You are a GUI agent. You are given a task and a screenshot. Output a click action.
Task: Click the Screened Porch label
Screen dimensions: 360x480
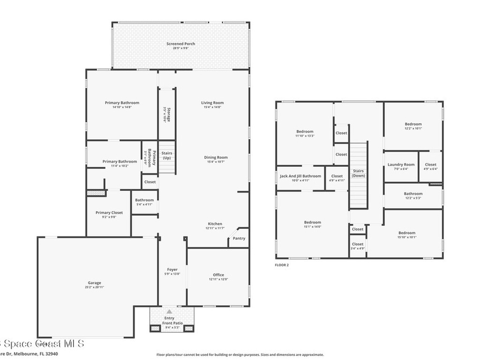pyautogui.click(x=180, y=44)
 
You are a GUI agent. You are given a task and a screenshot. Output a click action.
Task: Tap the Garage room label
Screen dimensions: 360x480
pyautogui.click(x=94, y=283)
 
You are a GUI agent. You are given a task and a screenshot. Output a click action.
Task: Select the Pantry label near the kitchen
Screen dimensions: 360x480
pyautogui.click(x=239, y=238)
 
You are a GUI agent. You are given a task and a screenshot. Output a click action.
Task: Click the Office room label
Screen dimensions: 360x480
pyautogui.click(x=218, y=275)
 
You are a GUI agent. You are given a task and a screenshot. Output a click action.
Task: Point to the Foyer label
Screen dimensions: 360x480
pyautogui.click(x=172, y=270)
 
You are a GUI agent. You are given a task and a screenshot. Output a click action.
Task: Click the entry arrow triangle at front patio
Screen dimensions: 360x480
pyautogui.click(x=169, y=311)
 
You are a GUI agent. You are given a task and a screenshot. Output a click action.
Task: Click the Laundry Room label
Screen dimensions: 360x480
pyautogui.click(x=401, y=165)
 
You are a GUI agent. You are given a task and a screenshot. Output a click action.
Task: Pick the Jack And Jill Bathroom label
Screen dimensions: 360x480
pyautogui.click(x=300, y=176)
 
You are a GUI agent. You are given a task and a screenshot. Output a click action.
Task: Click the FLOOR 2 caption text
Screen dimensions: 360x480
pyautogui.click(x=282, y=265)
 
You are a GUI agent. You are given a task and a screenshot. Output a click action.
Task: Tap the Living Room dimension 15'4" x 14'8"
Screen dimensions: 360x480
pyautogui.click(x=212, y=107)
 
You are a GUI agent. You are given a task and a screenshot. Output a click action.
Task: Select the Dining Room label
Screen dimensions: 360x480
pyautogui.click(x=216, y=157)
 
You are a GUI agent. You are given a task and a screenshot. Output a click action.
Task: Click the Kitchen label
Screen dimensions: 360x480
pyautogui.click(x=215, y=224)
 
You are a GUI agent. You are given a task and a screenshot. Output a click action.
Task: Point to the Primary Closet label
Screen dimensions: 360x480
pyautogui.click(x=109, y=212)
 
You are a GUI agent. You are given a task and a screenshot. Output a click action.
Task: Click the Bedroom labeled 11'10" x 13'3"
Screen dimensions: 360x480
pyautogui.click(x=305, y=132)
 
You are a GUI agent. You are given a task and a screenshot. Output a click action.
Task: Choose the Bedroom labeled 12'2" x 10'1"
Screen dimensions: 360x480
pyautogui.click(x=413, y=124)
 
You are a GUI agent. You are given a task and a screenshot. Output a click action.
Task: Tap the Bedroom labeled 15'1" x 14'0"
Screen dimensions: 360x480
pyautogui.click(x=313, y=222)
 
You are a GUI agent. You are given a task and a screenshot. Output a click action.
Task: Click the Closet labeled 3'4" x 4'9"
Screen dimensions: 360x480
pyautogui.click(x=358, y=244)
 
